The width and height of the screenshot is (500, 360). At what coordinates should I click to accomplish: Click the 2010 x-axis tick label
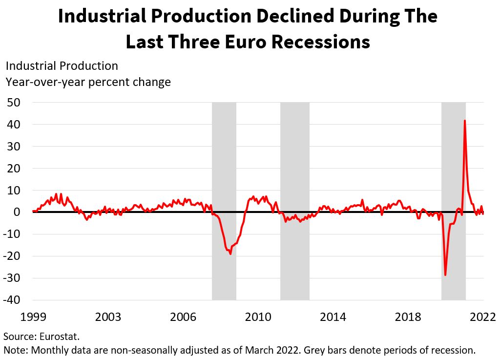[258, 317]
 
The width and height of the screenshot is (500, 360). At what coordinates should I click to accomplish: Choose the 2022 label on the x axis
[483, 317]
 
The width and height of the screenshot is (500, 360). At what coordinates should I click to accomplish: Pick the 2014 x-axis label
[333, 317]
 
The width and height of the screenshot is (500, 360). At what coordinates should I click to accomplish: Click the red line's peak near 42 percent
[464, 120]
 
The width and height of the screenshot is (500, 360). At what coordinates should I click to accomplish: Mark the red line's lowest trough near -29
[445, 275]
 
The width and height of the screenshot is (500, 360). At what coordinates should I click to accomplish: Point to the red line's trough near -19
[230, 254]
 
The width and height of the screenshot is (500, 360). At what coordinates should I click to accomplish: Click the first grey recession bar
[224, 147]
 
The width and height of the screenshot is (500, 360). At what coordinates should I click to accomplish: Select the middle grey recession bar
[294, 147]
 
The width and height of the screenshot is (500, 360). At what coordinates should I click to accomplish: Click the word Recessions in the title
[320, 42]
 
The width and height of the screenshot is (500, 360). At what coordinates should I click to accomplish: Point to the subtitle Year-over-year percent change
[88, 82]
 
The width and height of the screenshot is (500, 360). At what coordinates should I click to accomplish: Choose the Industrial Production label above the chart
[62, 65]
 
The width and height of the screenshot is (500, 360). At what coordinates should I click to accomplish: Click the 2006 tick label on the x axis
[183, 317]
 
